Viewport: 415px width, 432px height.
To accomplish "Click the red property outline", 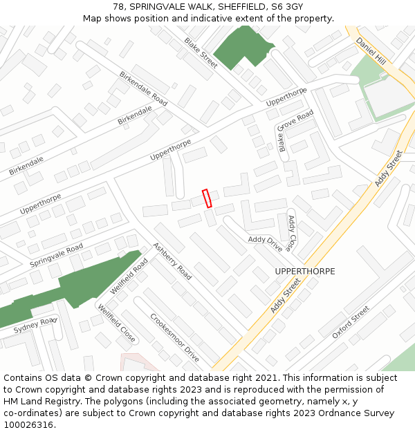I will pos(206,198).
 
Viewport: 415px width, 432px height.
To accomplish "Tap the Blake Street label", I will pos(201,53).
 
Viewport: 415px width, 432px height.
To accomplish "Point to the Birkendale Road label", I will pos(143,88).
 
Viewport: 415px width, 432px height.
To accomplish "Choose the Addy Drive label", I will pos(266,243).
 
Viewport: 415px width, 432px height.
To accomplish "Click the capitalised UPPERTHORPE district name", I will pos(304,272).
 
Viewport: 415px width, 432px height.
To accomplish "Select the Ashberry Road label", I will pos(172,261).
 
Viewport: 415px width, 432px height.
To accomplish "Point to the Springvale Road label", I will pos(56,256).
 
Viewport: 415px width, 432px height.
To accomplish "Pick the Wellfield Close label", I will pos(116,323).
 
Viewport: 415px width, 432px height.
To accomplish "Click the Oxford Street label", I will pos(351,322).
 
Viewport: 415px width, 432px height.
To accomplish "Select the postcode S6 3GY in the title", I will pos(288,7).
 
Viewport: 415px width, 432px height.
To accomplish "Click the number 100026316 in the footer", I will pos(29,424).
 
